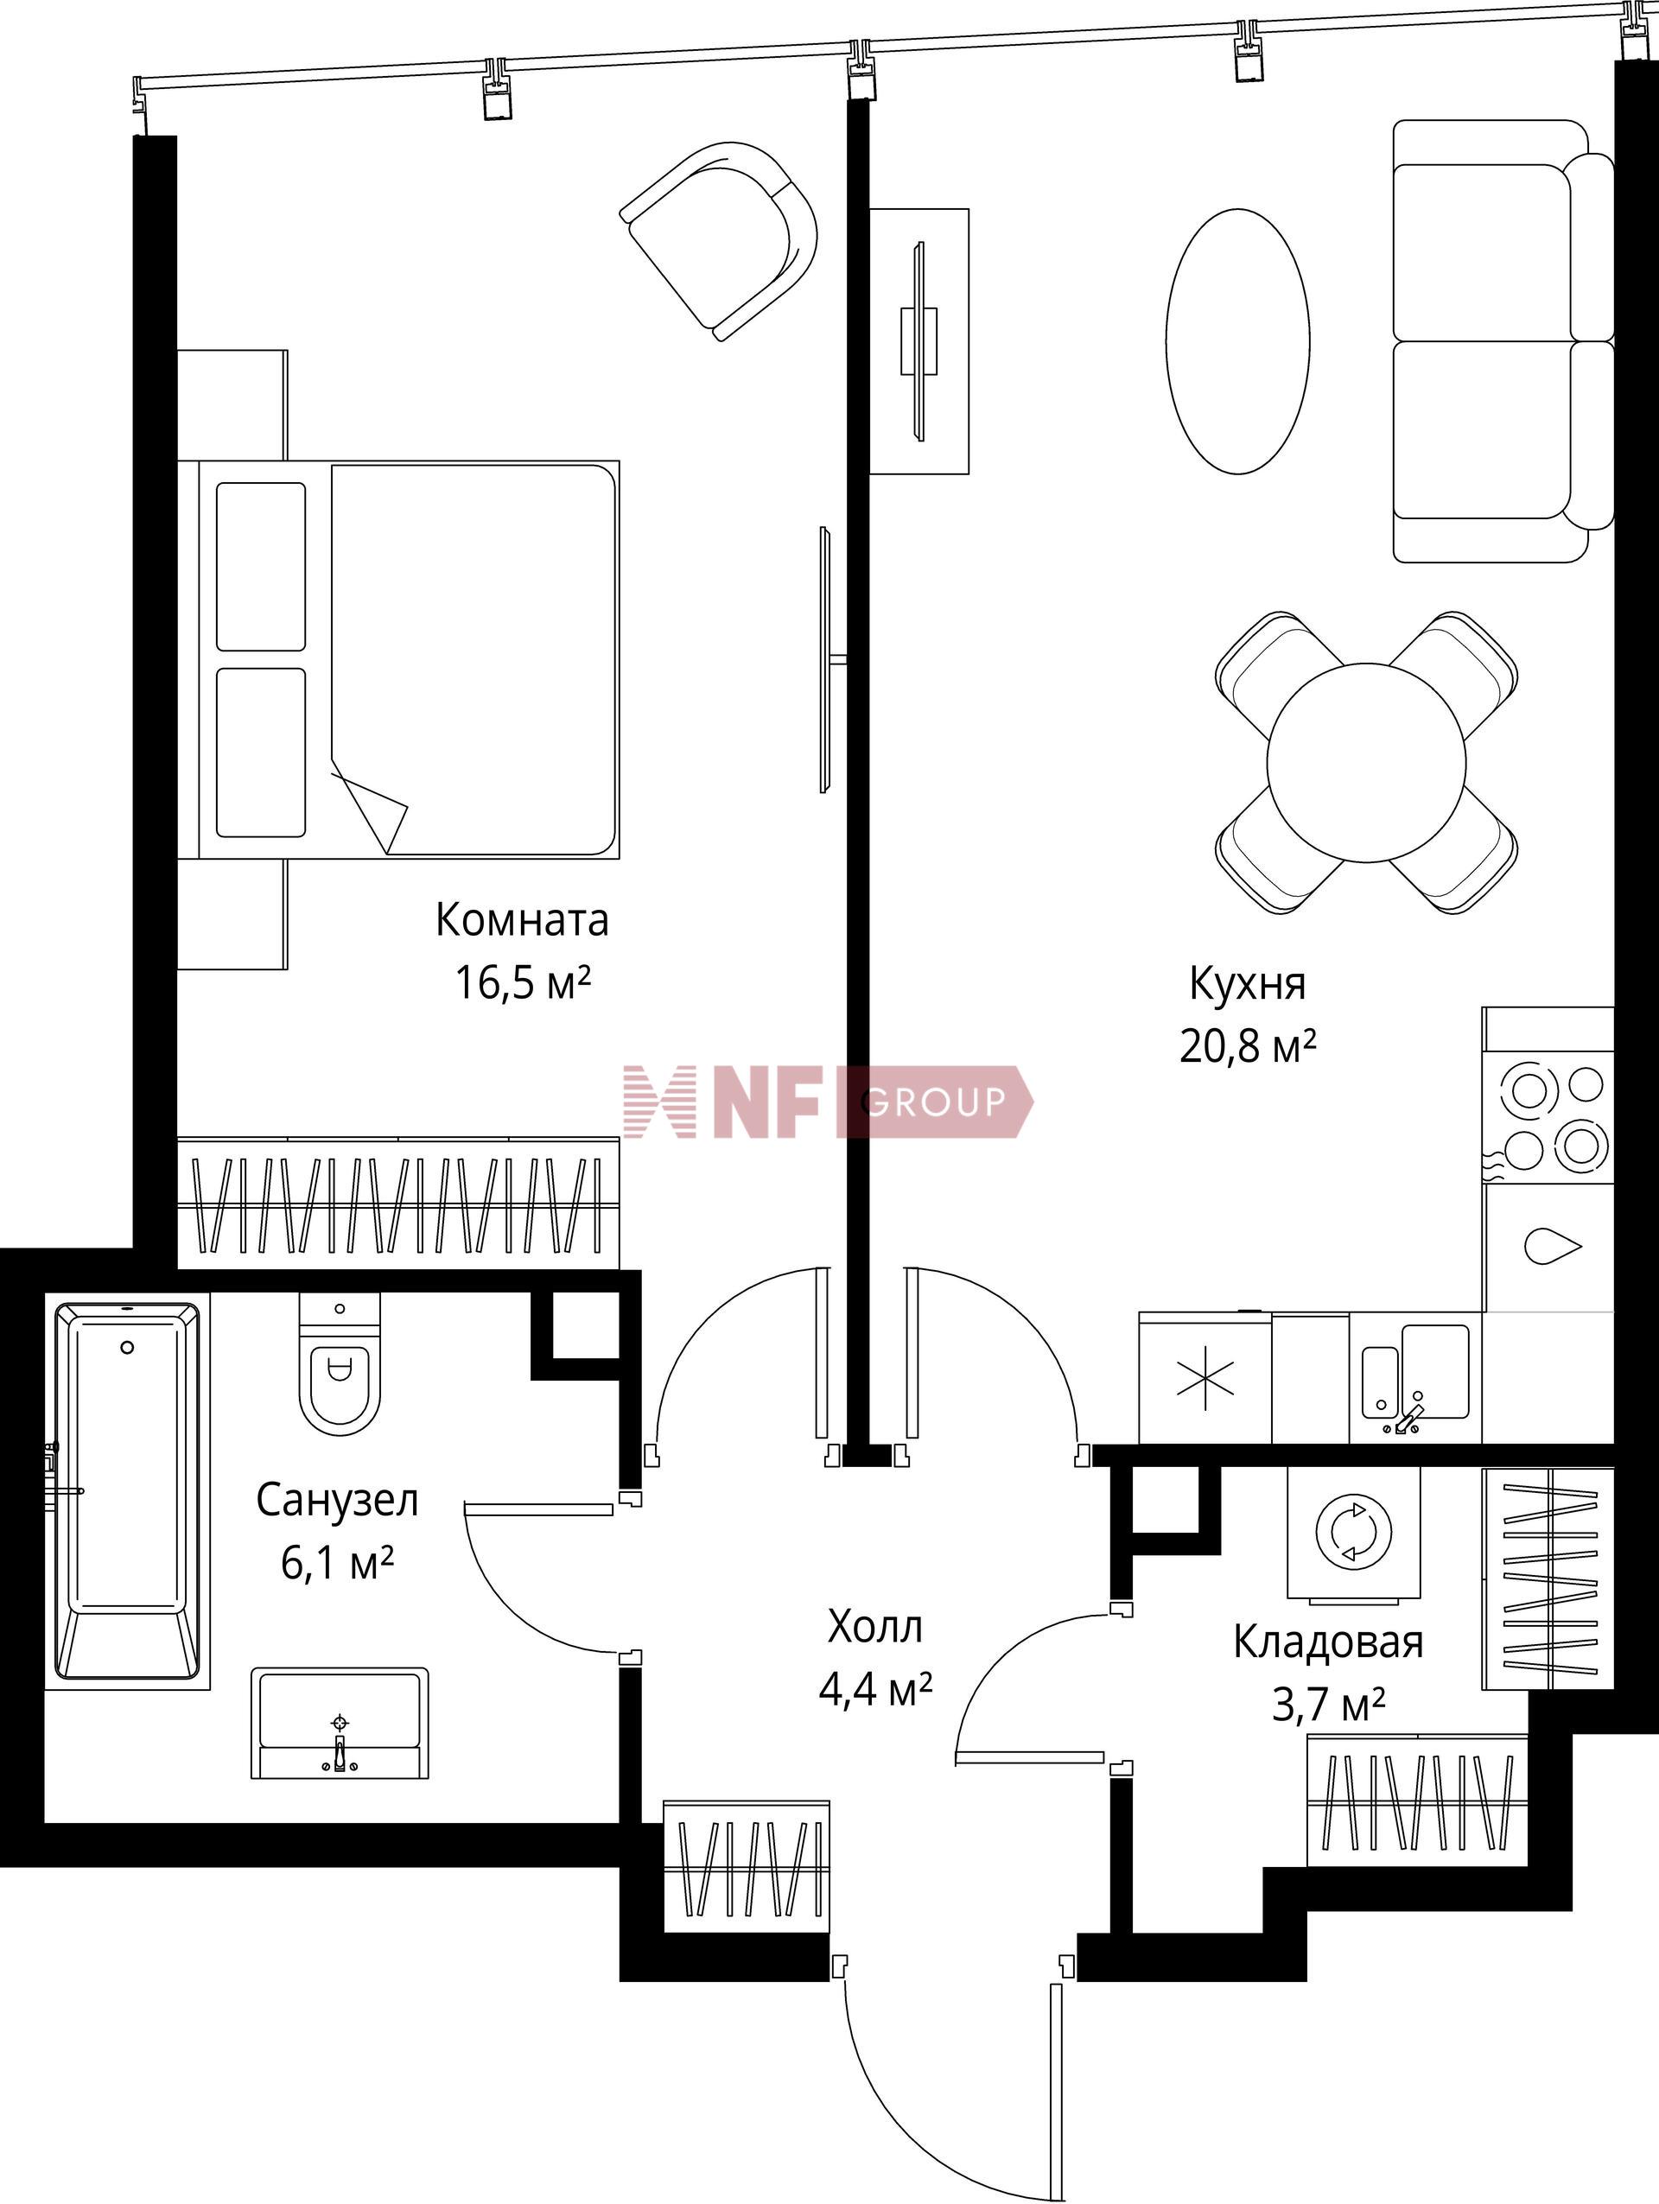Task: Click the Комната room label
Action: coord(521,919)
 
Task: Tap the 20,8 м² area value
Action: coord(1249,1046)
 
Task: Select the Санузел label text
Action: coord(337,1501)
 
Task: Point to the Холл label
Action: coord(874,1627)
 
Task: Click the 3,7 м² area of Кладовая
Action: coord(1328,1707)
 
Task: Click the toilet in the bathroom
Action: coord(340,1363)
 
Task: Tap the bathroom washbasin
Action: coord(340,1723)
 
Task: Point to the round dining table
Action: coord(1366,762)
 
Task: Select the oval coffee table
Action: coord(1237,340)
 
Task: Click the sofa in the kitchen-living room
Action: coord(1503,340)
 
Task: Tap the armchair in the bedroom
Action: coord(720,240)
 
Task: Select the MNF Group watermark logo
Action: coord(828,1101)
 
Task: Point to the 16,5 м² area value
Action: coord(522,982)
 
